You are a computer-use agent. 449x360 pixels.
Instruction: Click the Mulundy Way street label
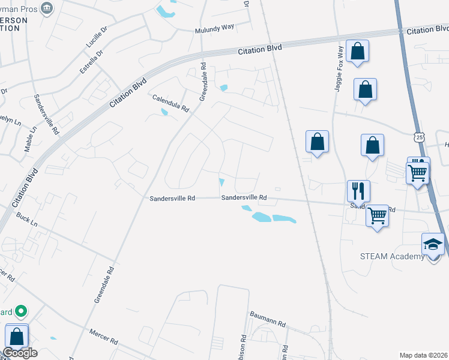(214, 30)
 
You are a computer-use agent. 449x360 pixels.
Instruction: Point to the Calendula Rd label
(170, 103)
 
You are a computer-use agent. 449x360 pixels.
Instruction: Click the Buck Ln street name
(27, 219)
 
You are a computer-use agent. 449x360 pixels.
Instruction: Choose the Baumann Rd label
(267, 319)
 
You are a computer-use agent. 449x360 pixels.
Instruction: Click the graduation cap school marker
(433, 244)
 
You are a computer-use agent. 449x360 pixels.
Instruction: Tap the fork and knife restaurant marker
(358, 191)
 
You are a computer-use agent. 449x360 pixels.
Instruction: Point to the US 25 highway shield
(419, 138)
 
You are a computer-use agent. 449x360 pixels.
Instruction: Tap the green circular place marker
(20, 311)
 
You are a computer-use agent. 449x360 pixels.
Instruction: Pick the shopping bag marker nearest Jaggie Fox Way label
(357, 52)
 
